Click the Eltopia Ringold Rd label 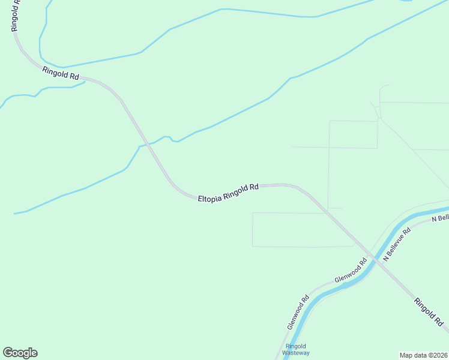[x=228, y=192]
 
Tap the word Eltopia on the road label [x=209, y=196]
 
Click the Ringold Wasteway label [x=297, y=349]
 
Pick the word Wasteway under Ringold [x=297, y=353]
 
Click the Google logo [x=20, y=353]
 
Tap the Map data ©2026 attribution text [x=423, y=355]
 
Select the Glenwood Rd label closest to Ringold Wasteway [x=298, y=311]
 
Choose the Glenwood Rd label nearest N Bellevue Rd [x=351, y=271]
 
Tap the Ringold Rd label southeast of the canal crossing [x=428, y=310]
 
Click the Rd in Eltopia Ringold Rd [x=254, y=187]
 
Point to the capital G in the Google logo [x=8, y=353]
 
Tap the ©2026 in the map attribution [x=437, y=355]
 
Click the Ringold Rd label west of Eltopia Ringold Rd [x=61, y=74]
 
